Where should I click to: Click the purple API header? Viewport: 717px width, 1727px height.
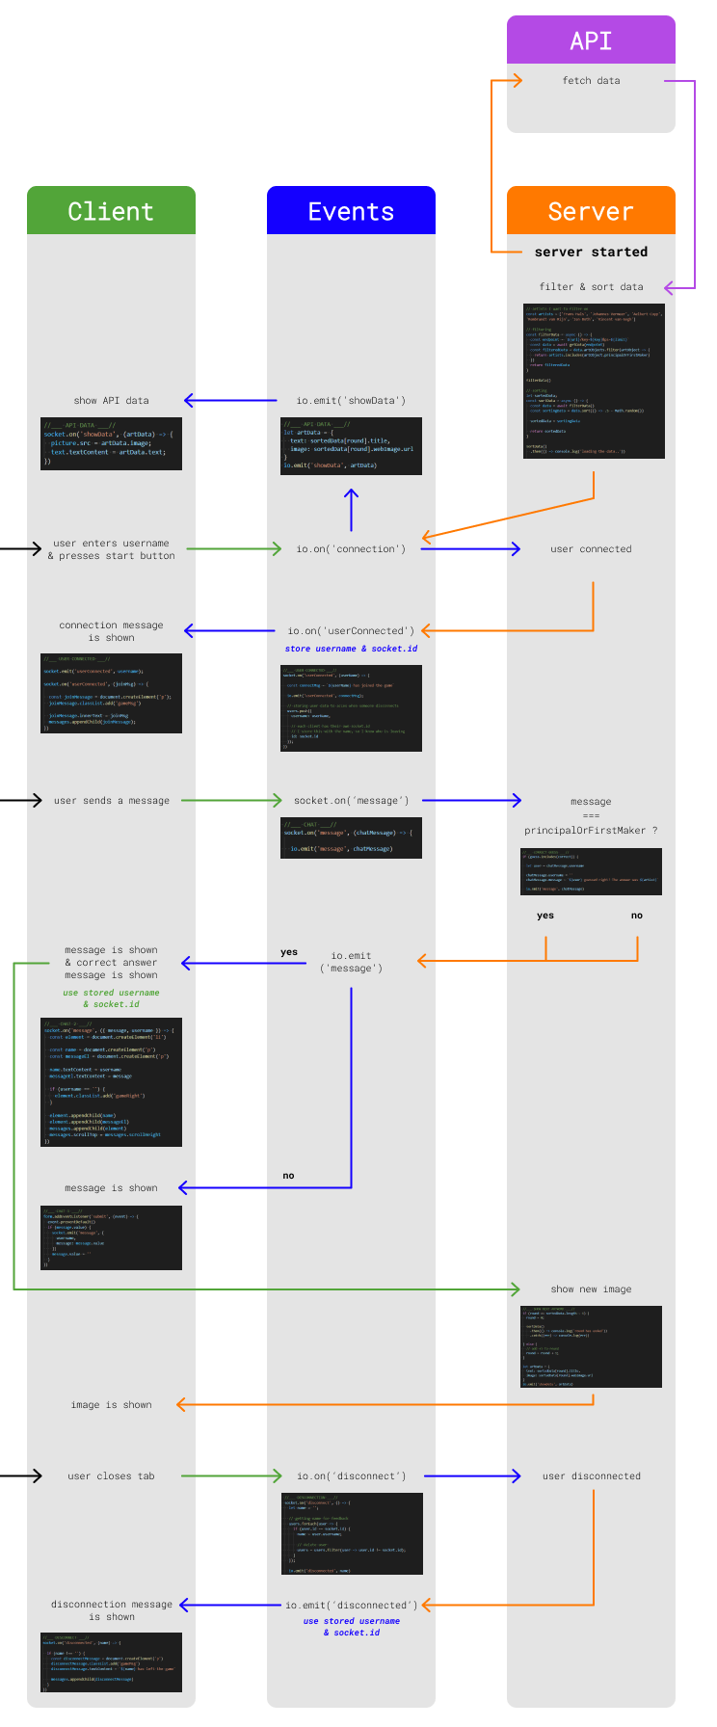tap(591, 40)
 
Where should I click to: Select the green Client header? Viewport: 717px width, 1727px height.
tap(111, 211)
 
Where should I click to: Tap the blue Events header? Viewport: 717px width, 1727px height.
tap(351, 211)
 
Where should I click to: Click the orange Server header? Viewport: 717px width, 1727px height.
tap(591, 211)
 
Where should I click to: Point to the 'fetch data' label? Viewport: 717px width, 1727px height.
tap(591, 81)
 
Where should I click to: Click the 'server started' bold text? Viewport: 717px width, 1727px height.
tap(591, 252)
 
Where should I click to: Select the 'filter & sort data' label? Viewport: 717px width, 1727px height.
tap(591, 287)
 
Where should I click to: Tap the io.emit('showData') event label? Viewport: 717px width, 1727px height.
tap(351, 401)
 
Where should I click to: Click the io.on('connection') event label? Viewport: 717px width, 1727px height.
tap(351, 549)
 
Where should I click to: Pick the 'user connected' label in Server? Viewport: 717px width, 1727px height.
tap(591, 549)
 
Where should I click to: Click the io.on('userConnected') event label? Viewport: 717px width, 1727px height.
tap(351, 631)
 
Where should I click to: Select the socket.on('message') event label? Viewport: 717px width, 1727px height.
tap(351, 801)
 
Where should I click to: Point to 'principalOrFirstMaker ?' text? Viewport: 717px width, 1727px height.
tap(591, 831)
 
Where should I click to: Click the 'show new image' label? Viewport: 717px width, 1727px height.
tap(591, 1289)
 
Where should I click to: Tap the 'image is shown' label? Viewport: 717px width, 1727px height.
tap(111, 1405)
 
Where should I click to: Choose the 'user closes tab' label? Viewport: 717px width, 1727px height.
tap(111, 1476)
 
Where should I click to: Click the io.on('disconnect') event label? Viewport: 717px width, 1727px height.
tap(351, 1476)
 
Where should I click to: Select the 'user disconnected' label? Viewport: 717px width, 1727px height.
tap(591, 1476)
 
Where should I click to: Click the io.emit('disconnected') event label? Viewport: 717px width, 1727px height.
tap(351, 1606)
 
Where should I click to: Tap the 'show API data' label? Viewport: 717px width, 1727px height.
tap(111, 401)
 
